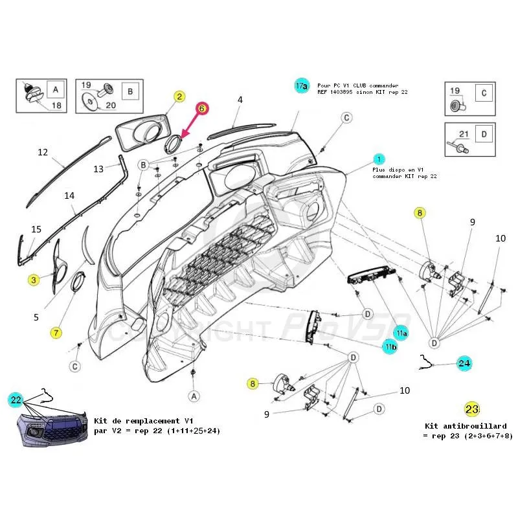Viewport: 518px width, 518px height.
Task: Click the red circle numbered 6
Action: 201,109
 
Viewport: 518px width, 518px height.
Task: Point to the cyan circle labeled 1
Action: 379,159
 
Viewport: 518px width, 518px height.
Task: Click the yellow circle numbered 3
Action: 33,280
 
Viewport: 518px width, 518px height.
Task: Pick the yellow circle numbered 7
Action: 56,333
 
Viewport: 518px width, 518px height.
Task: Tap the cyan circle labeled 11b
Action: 390,348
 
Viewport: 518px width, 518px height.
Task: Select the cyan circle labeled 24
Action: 464,363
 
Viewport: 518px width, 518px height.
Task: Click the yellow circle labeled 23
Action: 471,409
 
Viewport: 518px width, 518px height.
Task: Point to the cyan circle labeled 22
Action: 16,401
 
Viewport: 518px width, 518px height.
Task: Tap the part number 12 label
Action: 43,153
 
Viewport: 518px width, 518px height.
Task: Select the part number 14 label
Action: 69,195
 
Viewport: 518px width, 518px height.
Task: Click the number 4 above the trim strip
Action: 240,100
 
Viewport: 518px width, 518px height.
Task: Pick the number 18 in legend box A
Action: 56,105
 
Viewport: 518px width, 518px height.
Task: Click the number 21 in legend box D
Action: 462,134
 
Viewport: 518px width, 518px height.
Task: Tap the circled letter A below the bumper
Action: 193,395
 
